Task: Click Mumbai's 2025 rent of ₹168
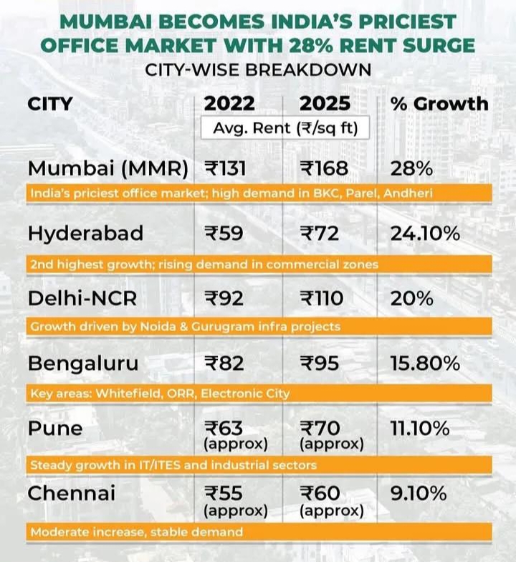point(324,169)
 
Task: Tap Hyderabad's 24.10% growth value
point(424,234)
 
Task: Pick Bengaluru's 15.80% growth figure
point(425,363)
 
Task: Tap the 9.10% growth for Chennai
point(419,493)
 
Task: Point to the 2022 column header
point(229,103)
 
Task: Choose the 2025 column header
point(325,103)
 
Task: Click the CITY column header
point(50,103)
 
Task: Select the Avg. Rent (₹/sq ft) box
point(285,128)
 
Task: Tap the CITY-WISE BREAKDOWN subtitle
point(258,70)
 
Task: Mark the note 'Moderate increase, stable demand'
point(136,532)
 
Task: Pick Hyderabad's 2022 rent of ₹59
point(222,234)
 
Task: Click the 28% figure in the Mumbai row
point(411,169)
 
